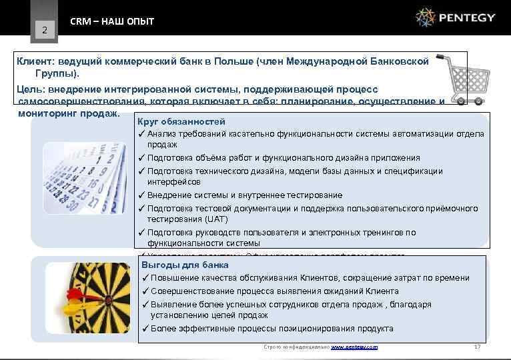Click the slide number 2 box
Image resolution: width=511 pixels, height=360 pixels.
click(44, 29)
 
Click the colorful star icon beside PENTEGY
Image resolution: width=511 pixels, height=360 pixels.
click(425, 17)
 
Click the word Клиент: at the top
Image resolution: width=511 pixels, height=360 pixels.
click(37, 61)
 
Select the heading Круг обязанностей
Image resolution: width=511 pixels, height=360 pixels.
click(181, 122)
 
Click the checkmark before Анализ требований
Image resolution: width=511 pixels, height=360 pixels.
click(142, 134)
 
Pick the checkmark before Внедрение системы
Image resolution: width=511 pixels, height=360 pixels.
click(142, 195)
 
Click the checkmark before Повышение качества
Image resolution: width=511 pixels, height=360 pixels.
click(145, 278)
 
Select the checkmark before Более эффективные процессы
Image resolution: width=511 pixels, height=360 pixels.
click(145, 328)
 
